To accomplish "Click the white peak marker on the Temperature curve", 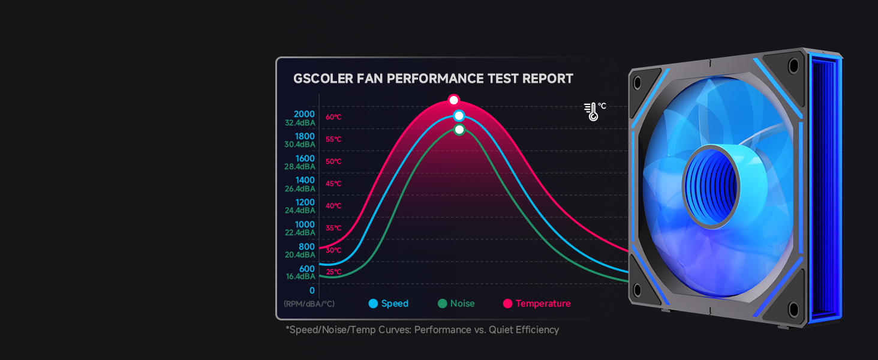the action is [453, 100].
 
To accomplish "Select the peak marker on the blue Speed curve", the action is [459, 116].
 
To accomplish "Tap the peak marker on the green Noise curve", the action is [460, 130].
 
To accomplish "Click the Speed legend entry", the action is [389, 304].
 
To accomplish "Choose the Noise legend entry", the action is [456, 304].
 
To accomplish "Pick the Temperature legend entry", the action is [537, 304].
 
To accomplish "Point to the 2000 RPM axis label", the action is [304, 114].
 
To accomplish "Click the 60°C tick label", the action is [333, 117].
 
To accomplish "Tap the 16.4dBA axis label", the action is [300, 277].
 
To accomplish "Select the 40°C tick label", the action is [333, 206].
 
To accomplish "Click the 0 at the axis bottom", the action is [312, 290].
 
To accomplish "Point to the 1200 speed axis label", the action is [305, 202].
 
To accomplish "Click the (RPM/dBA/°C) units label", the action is [309, 304].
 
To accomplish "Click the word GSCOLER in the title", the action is [323, 79].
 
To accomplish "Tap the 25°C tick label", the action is [333, 272].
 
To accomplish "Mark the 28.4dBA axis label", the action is [300, 167].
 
